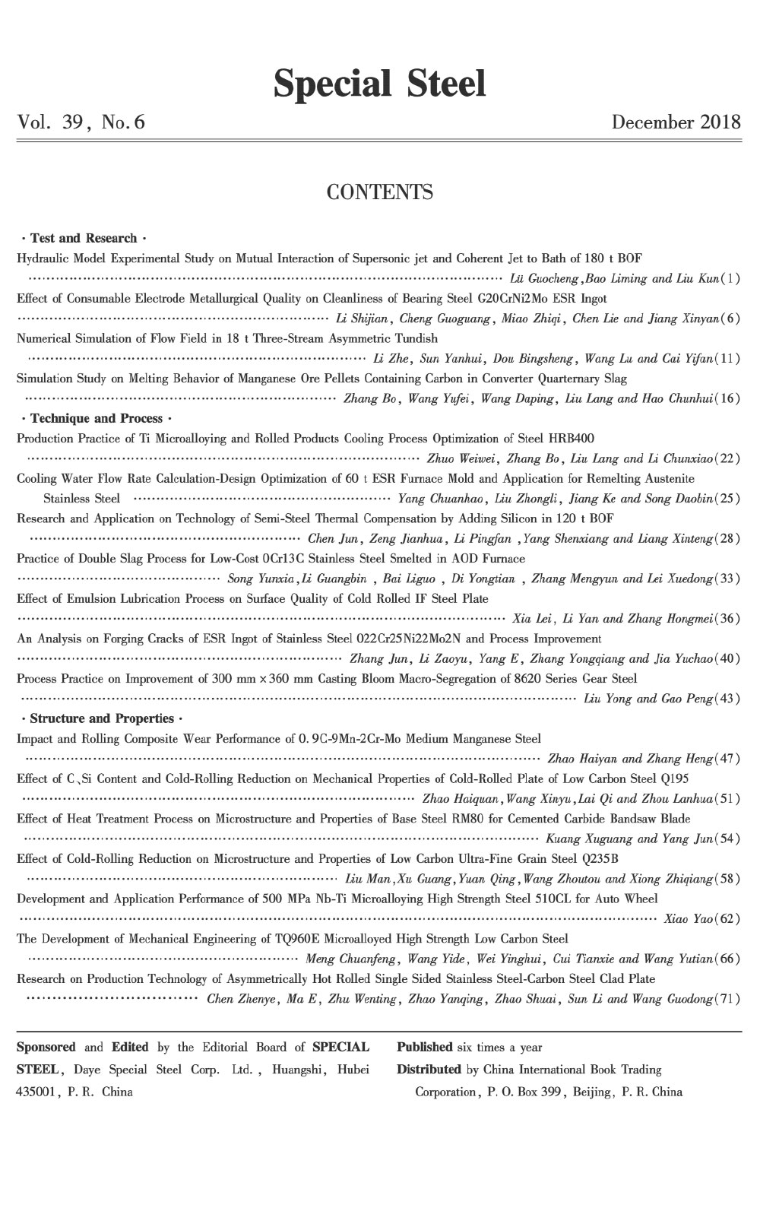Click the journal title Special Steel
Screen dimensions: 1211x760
pos(379,84)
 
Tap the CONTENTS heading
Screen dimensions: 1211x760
pos(379,192)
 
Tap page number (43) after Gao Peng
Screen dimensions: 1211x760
pos(729,699)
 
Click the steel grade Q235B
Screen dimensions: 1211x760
pos(598,859)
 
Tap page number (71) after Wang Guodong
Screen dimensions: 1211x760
pos(729,999)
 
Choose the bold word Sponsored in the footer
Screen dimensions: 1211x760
pos(46,1048)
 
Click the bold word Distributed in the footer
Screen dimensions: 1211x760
pos(429,1070)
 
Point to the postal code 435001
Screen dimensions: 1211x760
pos(36,1092)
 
